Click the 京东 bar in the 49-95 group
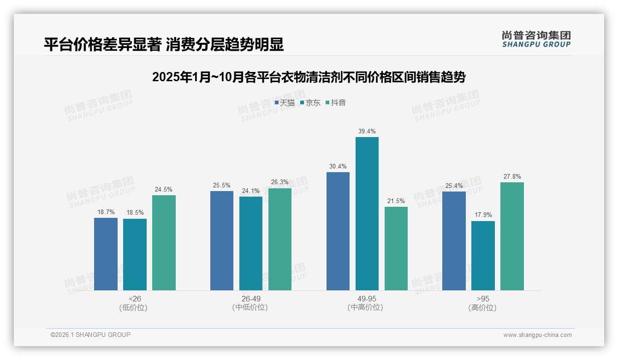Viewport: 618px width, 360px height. click(367, 214)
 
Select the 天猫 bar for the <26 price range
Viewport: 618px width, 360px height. click(106, 254)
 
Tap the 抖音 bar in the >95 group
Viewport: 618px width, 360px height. click(512, 236)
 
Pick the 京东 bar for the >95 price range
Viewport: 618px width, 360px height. click(483, 256)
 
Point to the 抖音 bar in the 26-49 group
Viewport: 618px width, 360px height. click(280, 239)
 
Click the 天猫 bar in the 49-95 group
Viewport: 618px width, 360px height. click(338, 231)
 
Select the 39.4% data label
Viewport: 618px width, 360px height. click(367, 132)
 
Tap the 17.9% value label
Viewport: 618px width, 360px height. click(483, 215)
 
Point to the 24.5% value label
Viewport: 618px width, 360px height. click(164, 189)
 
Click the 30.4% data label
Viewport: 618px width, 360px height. click(338, 167)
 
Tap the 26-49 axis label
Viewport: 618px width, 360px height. click(250, 299)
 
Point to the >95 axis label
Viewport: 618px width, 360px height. click(482, 299)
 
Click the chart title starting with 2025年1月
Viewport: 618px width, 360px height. click(309, 77)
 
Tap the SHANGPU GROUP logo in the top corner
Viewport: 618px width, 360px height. click(536, 39)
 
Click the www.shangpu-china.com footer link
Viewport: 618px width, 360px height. click(537, 335)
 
